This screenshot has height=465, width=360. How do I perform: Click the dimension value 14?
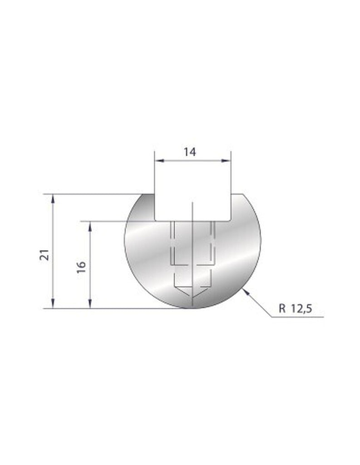tap(190, 153)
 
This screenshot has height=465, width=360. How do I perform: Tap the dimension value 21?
tap(44, 256)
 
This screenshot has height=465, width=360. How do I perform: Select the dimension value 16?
tap(82, 266)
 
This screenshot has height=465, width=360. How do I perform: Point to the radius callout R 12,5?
tap(296, 309)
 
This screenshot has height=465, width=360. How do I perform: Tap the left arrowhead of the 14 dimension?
tap(157, 160)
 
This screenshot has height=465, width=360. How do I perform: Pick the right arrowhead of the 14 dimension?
tap(227, 160)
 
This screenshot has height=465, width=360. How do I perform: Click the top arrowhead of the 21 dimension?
tap(54, 197)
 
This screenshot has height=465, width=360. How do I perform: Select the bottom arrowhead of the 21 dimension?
tap(54, 305)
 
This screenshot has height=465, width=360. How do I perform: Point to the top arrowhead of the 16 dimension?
tap(91, 224)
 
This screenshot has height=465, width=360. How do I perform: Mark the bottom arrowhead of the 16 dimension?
tap(91, 305)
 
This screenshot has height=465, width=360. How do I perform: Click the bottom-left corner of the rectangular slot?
tap(156, 220)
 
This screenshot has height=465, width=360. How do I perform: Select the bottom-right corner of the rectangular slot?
tap(230, 220)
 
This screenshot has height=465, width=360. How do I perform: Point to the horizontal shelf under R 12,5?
tap(297, 317)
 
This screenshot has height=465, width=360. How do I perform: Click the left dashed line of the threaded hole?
tap(171, 242)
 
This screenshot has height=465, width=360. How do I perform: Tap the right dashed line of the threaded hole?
tap(212, 242)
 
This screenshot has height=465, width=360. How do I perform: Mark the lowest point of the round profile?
tap(193, 308)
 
